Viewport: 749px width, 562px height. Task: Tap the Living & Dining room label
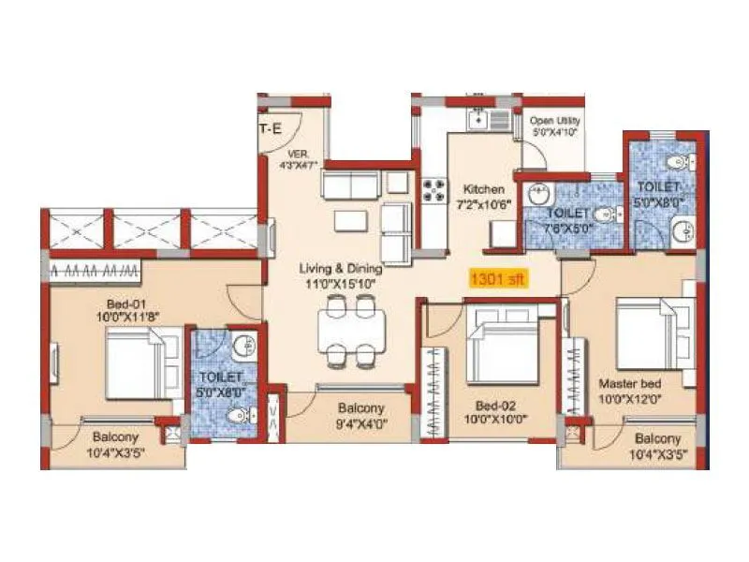[x=338, y=270]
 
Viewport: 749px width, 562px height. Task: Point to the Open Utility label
[x=555, y=121]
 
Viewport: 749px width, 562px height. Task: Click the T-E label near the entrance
[x=271, y=129]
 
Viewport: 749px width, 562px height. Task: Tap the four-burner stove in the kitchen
[x=434, y=190]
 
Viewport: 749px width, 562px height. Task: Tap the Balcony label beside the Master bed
[x=656, y=438]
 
